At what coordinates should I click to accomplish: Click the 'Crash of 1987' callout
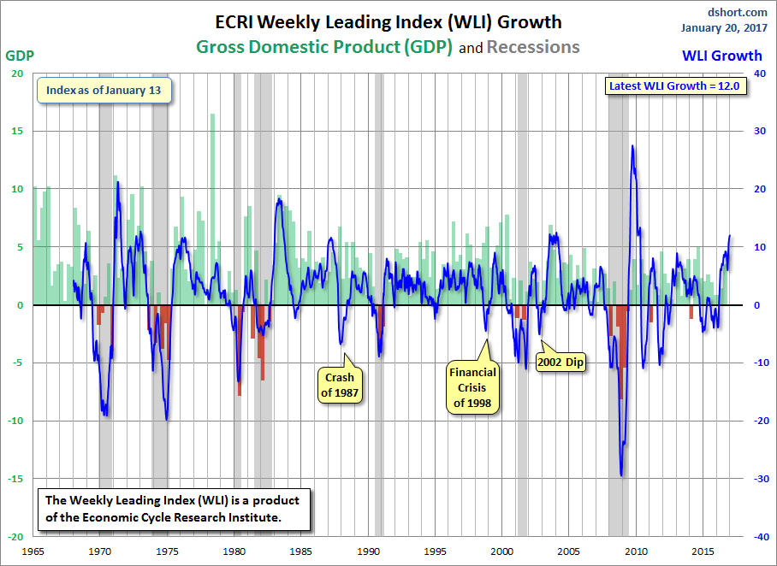point(340,385)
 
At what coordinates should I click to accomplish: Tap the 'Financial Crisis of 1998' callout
point(472,387)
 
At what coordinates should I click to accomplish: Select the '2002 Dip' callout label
point(561,362)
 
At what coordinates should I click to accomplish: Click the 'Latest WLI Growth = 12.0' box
point(674,85)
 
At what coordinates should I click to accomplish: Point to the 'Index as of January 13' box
point(104,90)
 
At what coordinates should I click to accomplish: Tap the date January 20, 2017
point(724,27)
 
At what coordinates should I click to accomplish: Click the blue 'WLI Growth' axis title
point(722,56)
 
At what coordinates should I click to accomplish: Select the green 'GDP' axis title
point(20,56)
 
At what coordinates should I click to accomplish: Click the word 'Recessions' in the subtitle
point(533,47)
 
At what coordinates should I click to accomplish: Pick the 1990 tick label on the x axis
point(368,551)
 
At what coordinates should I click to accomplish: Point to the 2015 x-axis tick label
point(703,551)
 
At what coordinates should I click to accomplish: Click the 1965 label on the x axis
point(33,551)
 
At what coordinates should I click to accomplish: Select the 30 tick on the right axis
point(760,131)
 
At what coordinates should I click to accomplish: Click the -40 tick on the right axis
point(759,537)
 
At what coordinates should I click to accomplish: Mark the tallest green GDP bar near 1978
point(212,209)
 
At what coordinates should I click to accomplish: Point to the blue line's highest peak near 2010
point(632,145)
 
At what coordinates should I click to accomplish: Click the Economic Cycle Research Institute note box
point(175,509)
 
